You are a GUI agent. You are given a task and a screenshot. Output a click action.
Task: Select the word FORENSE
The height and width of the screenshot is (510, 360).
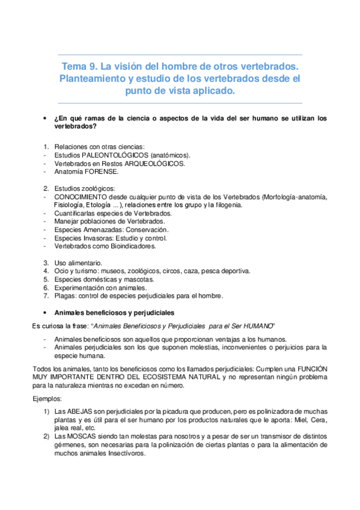point(92,171)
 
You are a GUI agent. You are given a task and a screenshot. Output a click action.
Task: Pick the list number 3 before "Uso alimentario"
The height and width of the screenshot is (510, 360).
point(46,263)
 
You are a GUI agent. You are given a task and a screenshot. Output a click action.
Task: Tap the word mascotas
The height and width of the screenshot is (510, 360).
point(139,279)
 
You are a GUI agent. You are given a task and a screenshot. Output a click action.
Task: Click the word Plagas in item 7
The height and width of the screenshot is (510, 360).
point(65,296)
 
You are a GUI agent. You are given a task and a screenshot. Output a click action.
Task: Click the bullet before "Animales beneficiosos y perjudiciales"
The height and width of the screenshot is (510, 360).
point(46,313)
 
